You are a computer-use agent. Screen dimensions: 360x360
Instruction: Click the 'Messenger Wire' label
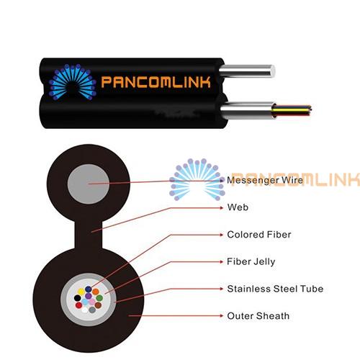point(265,180)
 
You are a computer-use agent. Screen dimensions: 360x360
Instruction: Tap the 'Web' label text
point(238,207)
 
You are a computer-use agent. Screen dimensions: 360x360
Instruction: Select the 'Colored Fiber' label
point(259,235)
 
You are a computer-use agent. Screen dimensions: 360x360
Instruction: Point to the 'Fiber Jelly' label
point(251,261)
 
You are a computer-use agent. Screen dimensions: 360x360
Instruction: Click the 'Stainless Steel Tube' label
point(275,289)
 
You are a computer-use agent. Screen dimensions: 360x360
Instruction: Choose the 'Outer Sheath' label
point(258,316)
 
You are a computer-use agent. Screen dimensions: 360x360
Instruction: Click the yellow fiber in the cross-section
point(81,292)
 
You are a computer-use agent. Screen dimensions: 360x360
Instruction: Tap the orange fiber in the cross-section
point(96,292)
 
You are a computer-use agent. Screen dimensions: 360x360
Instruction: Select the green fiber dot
point(99,298)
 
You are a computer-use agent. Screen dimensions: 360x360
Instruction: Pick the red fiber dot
point(78,305)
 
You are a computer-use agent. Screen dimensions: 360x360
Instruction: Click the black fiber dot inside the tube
point(77,298)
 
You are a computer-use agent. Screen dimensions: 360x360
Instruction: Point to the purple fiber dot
point(89,296)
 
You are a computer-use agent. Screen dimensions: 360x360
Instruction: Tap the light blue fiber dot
point(85,302)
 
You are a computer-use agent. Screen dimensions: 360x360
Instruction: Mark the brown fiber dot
point(98,305)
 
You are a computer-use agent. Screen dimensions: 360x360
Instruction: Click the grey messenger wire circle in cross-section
point(89,184)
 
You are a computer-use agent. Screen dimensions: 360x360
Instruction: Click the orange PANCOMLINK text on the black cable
point(156,82)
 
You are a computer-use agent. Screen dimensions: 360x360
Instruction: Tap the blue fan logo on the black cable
point(73,81)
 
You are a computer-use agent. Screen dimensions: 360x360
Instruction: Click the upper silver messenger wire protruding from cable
point(247,71)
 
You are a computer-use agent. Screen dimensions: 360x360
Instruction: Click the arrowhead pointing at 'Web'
point(222,207)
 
